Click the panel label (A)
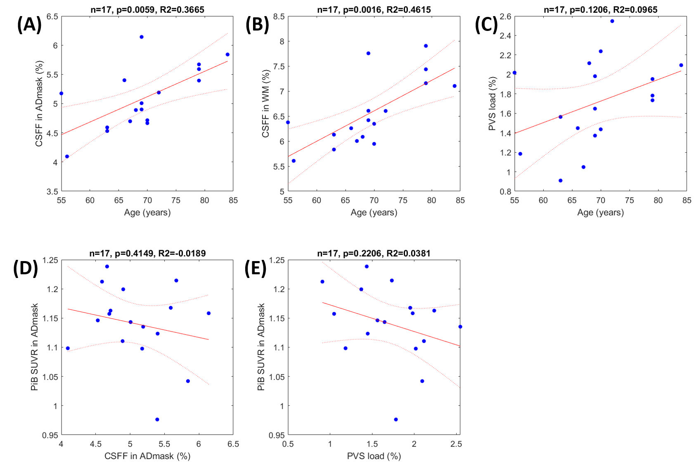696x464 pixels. pos(30,24)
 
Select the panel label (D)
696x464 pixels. pos(26,268)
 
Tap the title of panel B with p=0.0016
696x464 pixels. pos(374,9)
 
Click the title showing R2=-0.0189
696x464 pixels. pos(147,253)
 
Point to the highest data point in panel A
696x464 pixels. pos(141,37)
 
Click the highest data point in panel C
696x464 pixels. pos(612,21)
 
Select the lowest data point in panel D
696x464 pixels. pos(157,419)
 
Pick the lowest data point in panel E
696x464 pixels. pos(396,419)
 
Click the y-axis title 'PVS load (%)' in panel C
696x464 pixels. pos(492,104)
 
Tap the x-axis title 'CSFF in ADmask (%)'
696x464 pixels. pos(147,456)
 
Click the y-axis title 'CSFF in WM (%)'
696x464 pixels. pos(265,104)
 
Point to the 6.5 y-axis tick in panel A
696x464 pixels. pos(52,16)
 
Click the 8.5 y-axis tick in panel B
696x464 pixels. pos(279,16)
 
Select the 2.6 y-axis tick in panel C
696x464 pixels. pos(505,16)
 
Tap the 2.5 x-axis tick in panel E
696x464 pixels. pos(456,444)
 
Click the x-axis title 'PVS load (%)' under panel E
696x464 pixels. pos(374,456)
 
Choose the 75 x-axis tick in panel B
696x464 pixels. pos(402,200)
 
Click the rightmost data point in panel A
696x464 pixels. pos(227,54)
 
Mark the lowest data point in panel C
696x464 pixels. pos(561,181)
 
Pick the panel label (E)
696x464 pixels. pos(256,268)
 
